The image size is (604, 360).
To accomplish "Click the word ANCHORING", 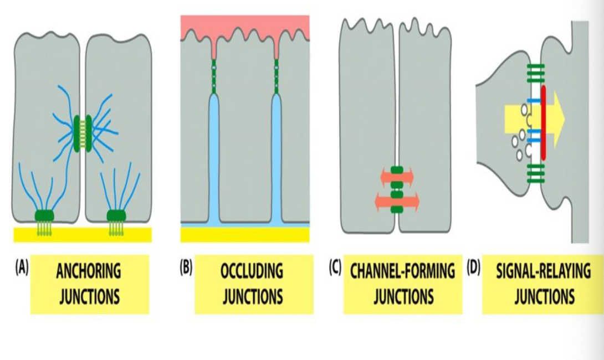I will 89,272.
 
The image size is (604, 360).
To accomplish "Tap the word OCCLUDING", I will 253,272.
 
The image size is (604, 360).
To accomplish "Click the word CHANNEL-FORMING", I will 403,272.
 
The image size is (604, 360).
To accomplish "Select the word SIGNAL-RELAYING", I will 544,272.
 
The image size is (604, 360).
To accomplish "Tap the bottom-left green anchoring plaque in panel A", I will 44,216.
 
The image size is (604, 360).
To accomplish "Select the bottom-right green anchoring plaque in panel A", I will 117,216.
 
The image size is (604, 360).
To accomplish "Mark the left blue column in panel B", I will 214,161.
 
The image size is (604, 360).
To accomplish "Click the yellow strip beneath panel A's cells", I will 83,234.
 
